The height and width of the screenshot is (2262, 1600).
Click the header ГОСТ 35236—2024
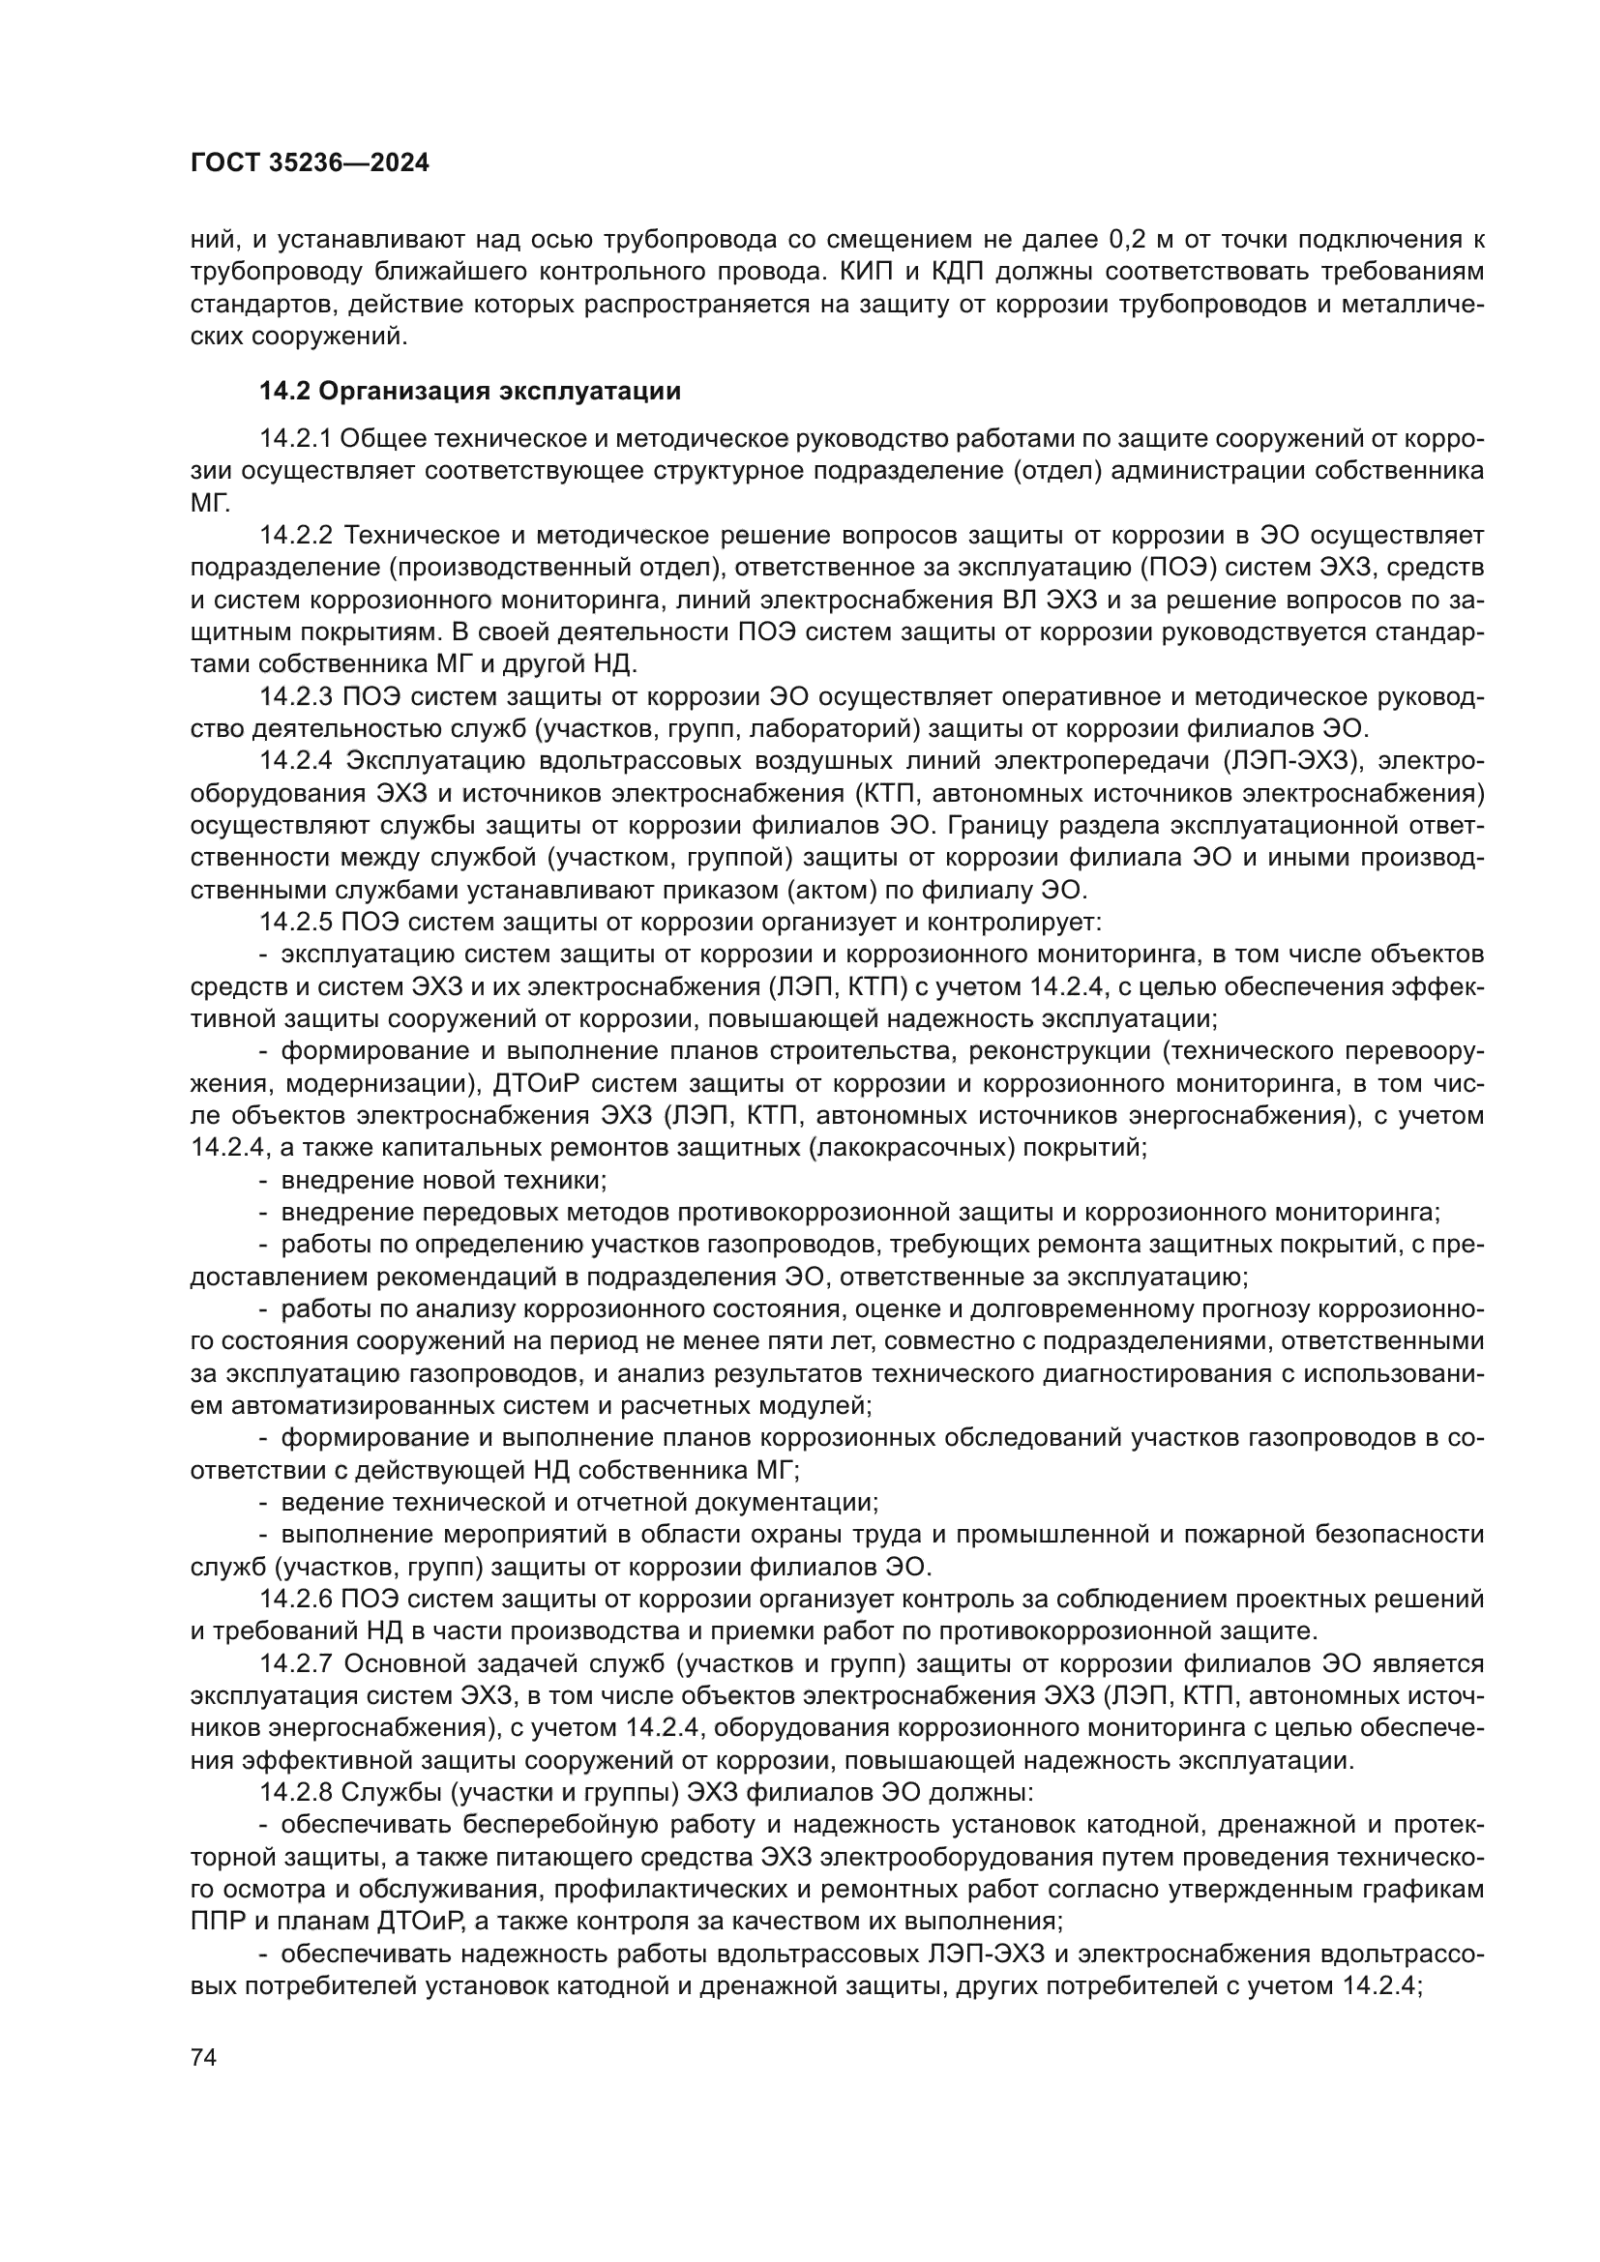[x=310, y=163]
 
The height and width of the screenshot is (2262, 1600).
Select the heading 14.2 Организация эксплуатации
[x=470, y=392]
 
